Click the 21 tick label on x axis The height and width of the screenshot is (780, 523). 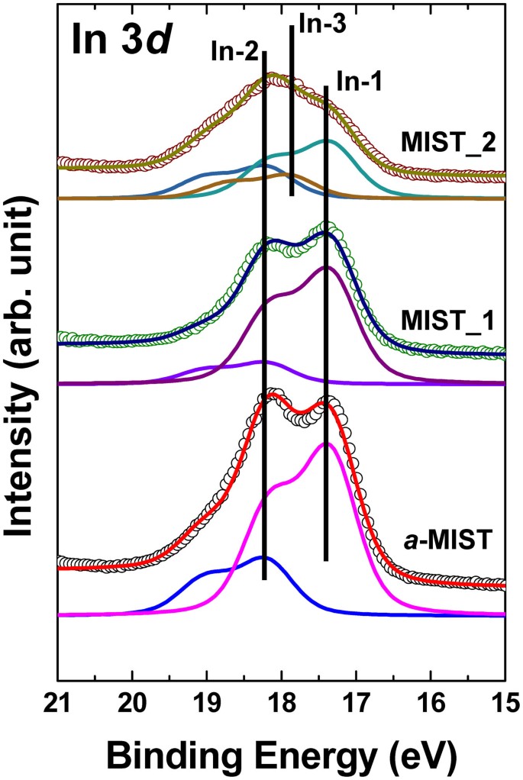[x=59, y=701]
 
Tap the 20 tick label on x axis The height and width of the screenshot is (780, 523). [x=133, y=701]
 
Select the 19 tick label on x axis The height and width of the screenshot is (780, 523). [x=207, y=701]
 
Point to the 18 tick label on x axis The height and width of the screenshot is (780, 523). [x=282, y=701]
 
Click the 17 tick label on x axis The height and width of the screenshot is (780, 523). [x=356, y=701]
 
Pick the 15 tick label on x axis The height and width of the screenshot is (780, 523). [x=500, y=701]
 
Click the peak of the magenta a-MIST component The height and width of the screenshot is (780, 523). [x=327, y=443]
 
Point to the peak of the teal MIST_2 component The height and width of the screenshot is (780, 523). [x=327, y=141]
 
